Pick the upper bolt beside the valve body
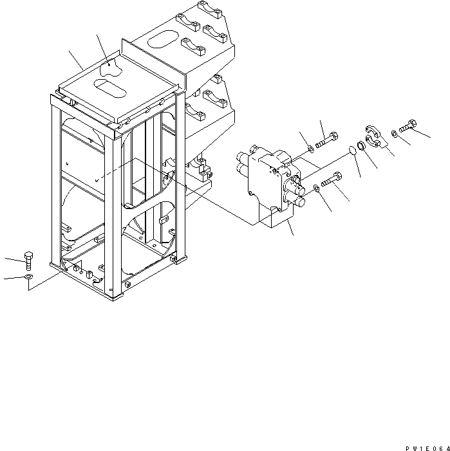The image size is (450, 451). pyautogui.click(x=327, y=136)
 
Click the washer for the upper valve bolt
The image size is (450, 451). pyautogui.click(x=311, y=149)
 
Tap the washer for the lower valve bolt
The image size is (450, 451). pyautogui.click(x=315, y=188)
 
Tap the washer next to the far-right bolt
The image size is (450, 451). pyautogui.click(x=393, y=133)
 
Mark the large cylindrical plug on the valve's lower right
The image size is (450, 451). pyautogui.click(x=301, y=201)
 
